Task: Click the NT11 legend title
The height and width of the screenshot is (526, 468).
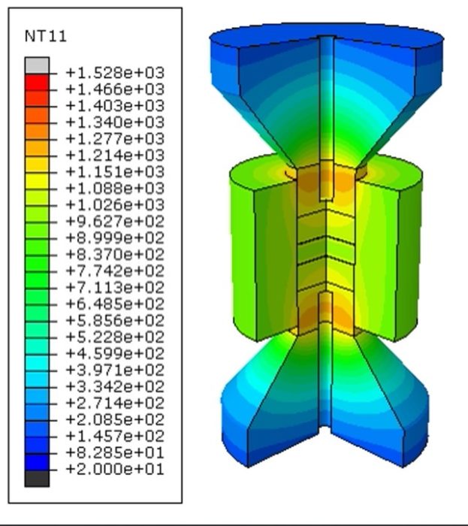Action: [41, 36]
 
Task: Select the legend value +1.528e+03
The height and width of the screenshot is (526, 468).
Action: [114, 73]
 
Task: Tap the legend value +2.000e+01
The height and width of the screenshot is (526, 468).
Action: [114, 470]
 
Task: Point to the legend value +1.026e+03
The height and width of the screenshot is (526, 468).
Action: [114, 205]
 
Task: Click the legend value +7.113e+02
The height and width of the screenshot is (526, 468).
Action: [114, 288]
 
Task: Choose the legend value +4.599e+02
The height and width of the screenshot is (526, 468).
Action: [114, 354]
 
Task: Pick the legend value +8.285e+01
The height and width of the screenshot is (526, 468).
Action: [114, 453]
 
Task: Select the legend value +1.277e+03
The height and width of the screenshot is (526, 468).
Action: [114, 139]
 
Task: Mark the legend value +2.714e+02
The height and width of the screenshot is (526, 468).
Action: [114, 404]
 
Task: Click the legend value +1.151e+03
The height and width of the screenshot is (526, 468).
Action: [114, 172]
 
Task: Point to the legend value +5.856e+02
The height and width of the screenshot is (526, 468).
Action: [114, 321]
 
